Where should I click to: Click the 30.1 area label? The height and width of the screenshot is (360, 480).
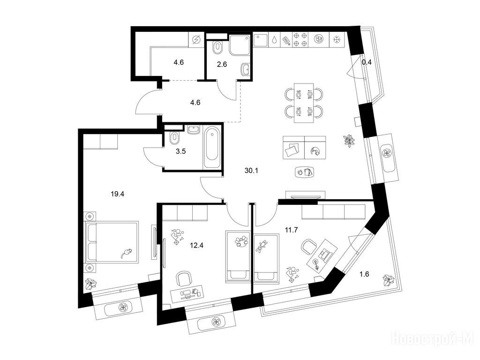(x=251, y=171)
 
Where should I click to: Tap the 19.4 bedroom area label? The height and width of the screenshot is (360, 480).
(x=118, y=194)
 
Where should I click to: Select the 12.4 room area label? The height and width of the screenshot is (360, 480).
(x=196, y=245)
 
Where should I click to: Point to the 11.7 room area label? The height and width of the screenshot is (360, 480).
(x=292, y=230)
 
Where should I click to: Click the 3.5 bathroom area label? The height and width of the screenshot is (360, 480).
(x=180, y=151)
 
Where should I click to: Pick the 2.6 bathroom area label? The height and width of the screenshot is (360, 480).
(x=222, y=64)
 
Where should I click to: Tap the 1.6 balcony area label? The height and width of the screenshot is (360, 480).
(x=364, y=274)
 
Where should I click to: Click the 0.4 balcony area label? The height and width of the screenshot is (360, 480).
(x=367, y=62)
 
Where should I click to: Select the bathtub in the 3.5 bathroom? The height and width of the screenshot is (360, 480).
(x=212, y=148)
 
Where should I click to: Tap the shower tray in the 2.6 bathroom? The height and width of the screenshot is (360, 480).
(x=240, y=45)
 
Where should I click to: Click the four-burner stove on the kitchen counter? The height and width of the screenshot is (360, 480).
(x=300, y=40)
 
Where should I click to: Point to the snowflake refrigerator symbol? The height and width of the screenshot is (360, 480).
(x=337, y=40)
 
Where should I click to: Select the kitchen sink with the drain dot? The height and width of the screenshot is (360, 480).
(x=261, y=40)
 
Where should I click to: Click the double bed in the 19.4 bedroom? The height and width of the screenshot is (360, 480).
(x=112, y=242)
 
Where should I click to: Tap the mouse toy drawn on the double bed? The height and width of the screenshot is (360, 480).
(x=126, y=254)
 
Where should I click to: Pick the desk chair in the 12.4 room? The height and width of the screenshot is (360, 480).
(x=185, y=279)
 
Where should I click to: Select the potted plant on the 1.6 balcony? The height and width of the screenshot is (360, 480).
(x=389, y=280)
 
